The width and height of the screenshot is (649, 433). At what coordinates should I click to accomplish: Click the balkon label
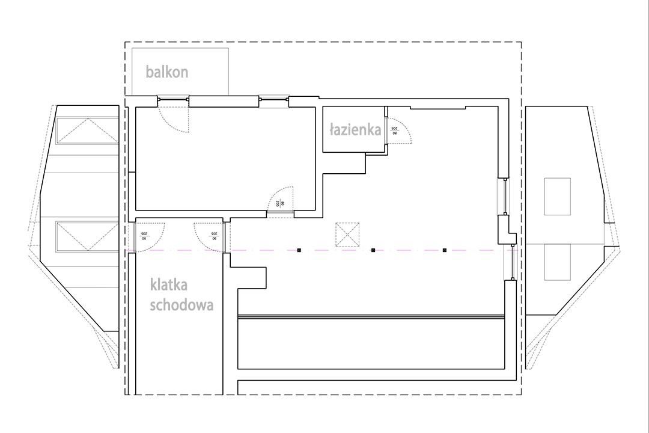[167, 72]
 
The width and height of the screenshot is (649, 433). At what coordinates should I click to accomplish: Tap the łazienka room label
[355, 129]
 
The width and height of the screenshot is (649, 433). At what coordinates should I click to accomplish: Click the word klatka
[169, 284]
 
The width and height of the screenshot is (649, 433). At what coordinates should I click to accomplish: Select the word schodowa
[181, 304]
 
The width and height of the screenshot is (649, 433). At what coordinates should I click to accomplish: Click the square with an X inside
[347, 235]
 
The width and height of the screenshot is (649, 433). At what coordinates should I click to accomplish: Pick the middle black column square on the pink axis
[373, 250]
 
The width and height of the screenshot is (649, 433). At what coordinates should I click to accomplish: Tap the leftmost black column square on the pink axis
[299, 250]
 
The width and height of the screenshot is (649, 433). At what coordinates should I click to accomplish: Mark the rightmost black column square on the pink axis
[445, 250]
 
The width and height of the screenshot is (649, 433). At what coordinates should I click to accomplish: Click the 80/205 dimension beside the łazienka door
[395, 129]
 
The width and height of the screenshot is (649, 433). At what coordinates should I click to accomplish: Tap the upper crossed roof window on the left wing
[88, 131]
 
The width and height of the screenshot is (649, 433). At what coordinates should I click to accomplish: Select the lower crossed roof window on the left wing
[88, 236]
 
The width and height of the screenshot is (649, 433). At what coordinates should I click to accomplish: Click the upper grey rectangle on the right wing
[557, 196]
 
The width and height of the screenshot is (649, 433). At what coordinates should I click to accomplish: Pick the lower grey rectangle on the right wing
[557, 262]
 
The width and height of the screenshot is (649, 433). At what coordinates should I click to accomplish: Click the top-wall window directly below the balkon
[173, 97]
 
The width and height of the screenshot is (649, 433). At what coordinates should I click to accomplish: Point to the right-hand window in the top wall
[273, 97]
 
